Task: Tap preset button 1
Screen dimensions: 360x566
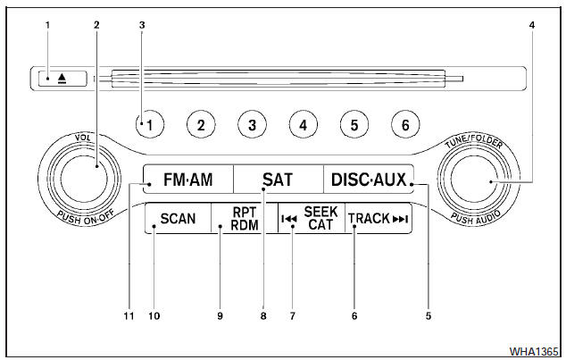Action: tap(151, 126)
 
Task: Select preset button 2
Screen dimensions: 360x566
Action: tap(202, 126)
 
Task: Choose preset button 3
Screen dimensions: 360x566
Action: tap(253, 126)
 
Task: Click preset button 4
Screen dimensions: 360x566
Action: tap(304, 126)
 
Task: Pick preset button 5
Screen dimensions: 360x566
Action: tap(354, 126)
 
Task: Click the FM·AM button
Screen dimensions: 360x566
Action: tap(188, 180)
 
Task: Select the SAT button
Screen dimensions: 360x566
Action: tap(278, 180)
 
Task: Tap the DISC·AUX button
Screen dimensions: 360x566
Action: tap(367, 180)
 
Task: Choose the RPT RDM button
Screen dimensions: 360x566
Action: tap(244, 219)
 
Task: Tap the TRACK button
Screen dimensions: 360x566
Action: tap(378, 219)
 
